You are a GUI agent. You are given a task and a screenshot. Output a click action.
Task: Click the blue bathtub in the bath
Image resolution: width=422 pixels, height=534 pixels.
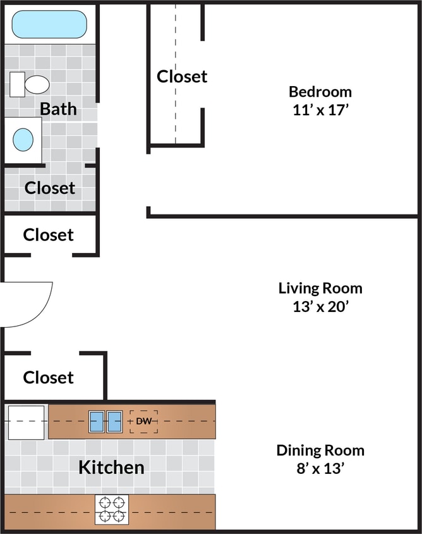tap(49, 24)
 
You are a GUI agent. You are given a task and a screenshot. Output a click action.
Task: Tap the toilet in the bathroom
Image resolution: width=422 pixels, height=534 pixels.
tap(31, 84)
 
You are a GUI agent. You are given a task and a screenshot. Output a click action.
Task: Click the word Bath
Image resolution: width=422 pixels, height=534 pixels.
tap(58, 109)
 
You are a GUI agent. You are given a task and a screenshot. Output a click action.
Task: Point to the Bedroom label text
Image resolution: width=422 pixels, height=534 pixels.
tap(320, 91)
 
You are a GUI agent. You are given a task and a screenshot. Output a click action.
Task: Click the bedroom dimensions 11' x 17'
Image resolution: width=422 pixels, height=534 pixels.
tap(320, 109)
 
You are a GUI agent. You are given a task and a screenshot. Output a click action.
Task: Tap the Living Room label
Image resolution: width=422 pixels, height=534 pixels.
tap(320, 289)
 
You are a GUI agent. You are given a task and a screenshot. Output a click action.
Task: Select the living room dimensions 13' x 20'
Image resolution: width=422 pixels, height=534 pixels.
tap(320, 307)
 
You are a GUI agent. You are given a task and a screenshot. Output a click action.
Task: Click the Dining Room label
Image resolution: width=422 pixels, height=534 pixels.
tap(320, 450)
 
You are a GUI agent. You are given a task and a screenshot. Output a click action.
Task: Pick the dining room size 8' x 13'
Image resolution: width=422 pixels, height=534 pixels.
tap(320, 469)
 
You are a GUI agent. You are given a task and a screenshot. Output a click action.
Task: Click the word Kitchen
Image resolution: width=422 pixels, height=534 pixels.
tap(111, 468)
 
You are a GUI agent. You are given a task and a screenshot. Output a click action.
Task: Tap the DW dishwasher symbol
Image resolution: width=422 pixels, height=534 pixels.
tap(143, 421)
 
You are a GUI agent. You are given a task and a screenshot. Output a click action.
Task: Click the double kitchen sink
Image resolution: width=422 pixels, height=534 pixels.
tap(105, 421)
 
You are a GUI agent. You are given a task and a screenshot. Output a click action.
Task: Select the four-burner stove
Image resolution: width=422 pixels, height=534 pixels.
tap(112, 509)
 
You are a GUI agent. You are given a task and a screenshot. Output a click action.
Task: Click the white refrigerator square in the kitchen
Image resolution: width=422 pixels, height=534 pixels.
tap(26, 422)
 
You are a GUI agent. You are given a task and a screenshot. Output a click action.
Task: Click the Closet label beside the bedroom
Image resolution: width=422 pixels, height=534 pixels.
tap(182, 77)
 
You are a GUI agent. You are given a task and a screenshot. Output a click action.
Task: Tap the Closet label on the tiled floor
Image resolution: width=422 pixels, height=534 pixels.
tap(50, 188)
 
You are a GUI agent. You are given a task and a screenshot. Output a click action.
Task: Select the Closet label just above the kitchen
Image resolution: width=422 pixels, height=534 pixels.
tap(49, 378)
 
